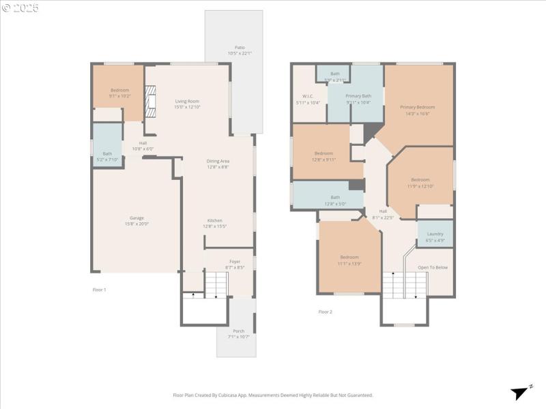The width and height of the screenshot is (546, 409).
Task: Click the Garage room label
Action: coord(136,217)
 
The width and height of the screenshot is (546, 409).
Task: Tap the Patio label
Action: coord(240,47)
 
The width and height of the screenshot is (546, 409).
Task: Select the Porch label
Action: coord(238,331)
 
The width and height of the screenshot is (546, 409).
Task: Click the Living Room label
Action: coord(186,101)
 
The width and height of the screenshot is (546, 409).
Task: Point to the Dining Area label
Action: coord(218,161)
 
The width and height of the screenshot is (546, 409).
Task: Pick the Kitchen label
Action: coord(215,220)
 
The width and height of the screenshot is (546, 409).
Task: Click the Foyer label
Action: coord(234,261)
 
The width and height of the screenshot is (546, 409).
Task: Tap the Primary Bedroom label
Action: coord(417,107)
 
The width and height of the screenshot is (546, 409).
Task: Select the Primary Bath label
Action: coord(358,96)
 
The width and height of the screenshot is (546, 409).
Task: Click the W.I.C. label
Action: coord(307,96)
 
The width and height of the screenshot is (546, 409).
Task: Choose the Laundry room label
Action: coord(435,234)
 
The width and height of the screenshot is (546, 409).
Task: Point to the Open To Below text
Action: coord(433,267)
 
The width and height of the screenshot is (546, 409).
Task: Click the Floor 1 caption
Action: coord(100,290)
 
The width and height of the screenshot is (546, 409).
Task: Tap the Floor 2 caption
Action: coord(326,312)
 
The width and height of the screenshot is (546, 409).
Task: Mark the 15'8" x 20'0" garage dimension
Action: coord(136,224)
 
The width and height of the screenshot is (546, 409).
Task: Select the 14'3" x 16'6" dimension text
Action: coord(417,113)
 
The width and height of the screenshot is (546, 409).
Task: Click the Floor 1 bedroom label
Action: coord(120,90)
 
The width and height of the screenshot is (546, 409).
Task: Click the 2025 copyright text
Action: coord(20,8)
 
